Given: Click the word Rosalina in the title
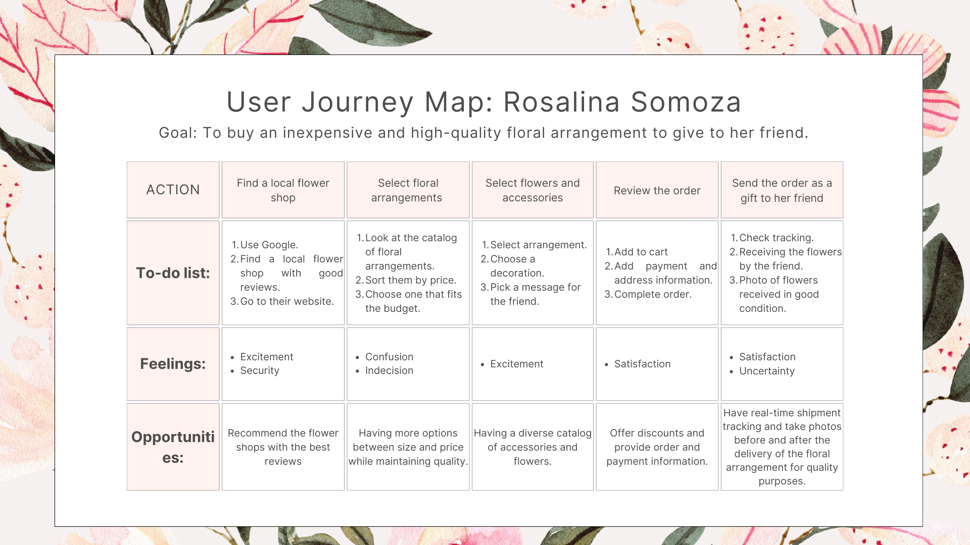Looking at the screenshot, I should click(561, 102).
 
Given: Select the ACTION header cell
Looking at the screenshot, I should click(173, 190).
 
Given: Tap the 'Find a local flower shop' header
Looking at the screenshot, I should click(283, 190).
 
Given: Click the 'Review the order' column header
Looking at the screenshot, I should click(657, 191).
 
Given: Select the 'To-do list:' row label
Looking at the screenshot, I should click(173, 273).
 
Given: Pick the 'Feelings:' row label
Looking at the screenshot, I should click(173, 364).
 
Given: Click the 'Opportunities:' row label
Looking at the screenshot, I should click(173, 447).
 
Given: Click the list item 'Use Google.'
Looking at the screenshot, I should click(269, 245).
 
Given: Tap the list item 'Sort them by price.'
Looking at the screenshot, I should click(410, 280).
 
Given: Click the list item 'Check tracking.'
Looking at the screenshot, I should click(776, 238).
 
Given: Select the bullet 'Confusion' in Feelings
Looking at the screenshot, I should click(389, 357).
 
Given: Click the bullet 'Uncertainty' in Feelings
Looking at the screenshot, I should click(766, 371).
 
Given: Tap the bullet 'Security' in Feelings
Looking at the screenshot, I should click(260, 370).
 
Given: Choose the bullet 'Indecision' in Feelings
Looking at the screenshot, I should click(389, 370).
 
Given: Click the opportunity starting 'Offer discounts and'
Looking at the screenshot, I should click(657, 447).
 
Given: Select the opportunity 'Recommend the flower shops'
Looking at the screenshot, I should click(283, 447).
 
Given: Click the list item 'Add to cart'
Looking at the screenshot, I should click(641, 252).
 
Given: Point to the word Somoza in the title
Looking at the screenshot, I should click(686, 102).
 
